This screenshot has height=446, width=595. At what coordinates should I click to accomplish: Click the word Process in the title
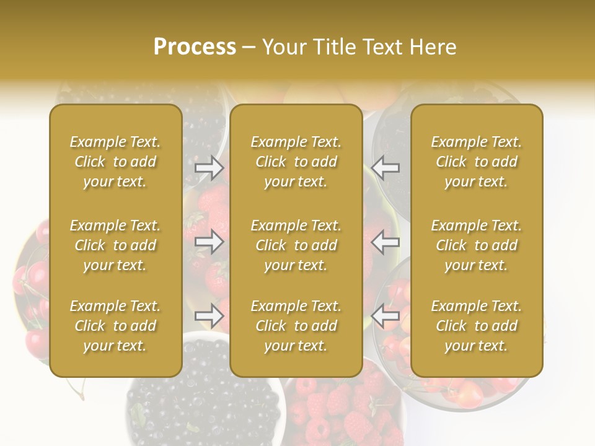(195, 47)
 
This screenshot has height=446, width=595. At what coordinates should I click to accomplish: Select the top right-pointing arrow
(209, 167)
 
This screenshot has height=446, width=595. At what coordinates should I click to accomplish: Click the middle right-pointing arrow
(209, 242)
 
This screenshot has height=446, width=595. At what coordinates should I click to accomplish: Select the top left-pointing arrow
(386, 167)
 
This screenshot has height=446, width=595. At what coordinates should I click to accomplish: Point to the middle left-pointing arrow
(386, 242)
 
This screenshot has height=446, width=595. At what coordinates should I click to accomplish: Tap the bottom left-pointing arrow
(386, 316)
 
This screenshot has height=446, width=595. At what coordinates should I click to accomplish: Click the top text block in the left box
(115, 162)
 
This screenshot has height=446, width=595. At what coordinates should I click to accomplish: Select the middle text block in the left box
(115, 245)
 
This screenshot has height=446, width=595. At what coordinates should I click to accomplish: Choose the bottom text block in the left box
(115, 326)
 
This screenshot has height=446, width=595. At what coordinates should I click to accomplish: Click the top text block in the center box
(296, 162)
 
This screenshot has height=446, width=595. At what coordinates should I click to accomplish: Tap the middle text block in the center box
(296, 245)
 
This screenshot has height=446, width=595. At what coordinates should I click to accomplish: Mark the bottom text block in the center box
(296, 326)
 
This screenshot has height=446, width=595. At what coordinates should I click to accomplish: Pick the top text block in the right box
(477, 162)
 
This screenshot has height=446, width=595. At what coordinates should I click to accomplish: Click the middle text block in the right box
(477, 245)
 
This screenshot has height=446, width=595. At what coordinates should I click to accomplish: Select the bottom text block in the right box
(477, 326)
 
